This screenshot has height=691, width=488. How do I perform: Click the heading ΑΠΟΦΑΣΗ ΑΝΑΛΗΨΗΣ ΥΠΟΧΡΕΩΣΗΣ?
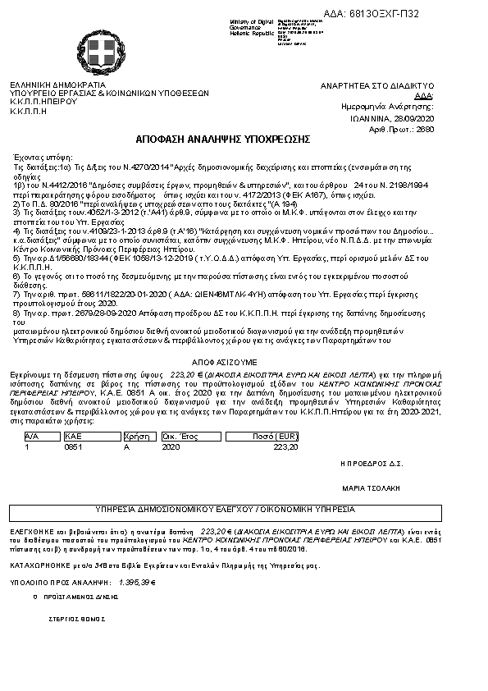244,137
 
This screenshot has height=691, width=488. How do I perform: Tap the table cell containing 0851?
71,447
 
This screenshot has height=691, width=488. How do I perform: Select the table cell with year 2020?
171,447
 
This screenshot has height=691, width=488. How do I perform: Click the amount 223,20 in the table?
285,447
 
